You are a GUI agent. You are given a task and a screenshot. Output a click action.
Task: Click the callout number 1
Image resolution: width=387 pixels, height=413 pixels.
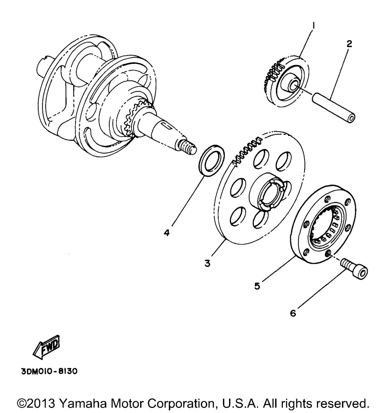(314, 26)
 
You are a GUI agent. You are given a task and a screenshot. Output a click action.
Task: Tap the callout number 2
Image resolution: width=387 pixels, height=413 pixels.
(349, 44)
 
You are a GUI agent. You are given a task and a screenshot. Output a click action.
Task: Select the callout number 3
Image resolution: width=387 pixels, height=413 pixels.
(207, 263)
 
